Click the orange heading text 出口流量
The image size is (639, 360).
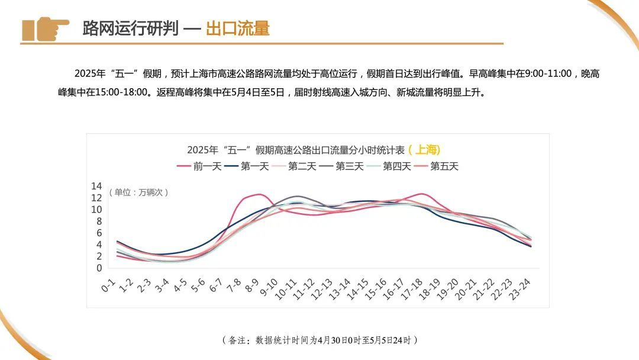[x=237, y=28]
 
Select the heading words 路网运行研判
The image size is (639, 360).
[x=130, y=28]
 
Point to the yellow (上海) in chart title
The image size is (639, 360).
[x=424, y=149]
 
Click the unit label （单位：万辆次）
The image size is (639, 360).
[x=139, y=192]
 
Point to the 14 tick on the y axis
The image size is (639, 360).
[x=96, y=186]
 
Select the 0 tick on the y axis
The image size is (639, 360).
[x=99, y=268]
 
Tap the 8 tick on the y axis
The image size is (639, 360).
[x=99, y=221]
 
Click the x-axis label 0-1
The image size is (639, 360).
[x=108, y=286]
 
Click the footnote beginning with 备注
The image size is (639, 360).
[x=319, y=340]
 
